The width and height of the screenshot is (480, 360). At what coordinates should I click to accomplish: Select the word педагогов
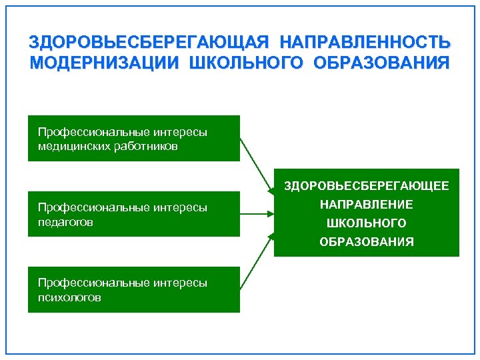[65, 221]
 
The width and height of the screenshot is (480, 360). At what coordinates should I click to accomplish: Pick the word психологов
[69, 297]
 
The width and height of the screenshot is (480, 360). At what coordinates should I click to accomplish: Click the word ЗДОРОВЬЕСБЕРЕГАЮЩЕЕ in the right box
[367, 186]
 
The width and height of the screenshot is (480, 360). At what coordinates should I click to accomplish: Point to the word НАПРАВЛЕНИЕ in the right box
[367, 205]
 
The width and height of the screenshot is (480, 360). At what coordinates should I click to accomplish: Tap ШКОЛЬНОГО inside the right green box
[367, 223]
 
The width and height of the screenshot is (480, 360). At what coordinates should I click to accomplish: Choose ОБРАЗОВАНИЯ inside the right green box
[367, 241]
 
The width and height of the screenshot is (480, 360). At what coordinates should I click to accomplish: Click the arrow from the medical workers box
[256, 166]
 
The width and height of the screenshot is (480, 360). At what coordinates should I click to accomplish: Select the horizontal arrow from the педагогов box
[257, 214]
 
